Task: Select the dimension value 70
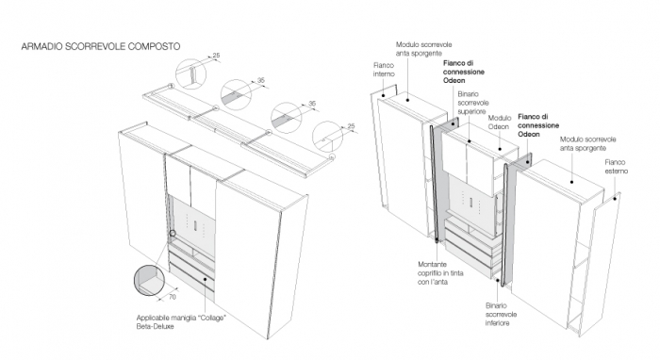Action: (173, 297)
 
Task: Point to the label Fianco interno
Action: (384, 70)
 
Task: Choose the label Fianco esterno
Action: (617, 167)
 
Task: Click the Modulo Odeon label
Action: (499, 122)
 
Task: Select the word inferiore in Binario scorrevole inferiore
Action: (497, 323)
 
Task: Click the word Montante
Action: (432, 265)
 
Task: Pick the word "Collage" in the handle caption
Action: (212, 318)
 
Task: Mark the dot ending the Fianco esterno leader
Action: (615, 199)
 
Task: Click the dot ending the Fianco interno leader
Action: (384, 95)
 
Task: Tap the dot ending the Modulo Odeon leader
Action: (500, 149)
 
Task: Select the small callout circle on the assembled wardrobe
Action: (173, 233)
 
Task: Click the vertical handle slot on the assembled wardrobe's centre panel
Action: (195, 224)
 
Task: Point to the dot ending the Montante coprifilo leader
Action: (437, 240)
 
